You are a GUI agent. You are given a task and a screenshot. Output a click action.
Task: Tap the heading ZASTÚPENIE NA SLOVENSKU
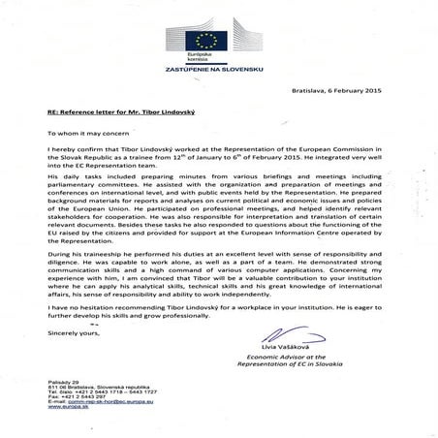point(219,68)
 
